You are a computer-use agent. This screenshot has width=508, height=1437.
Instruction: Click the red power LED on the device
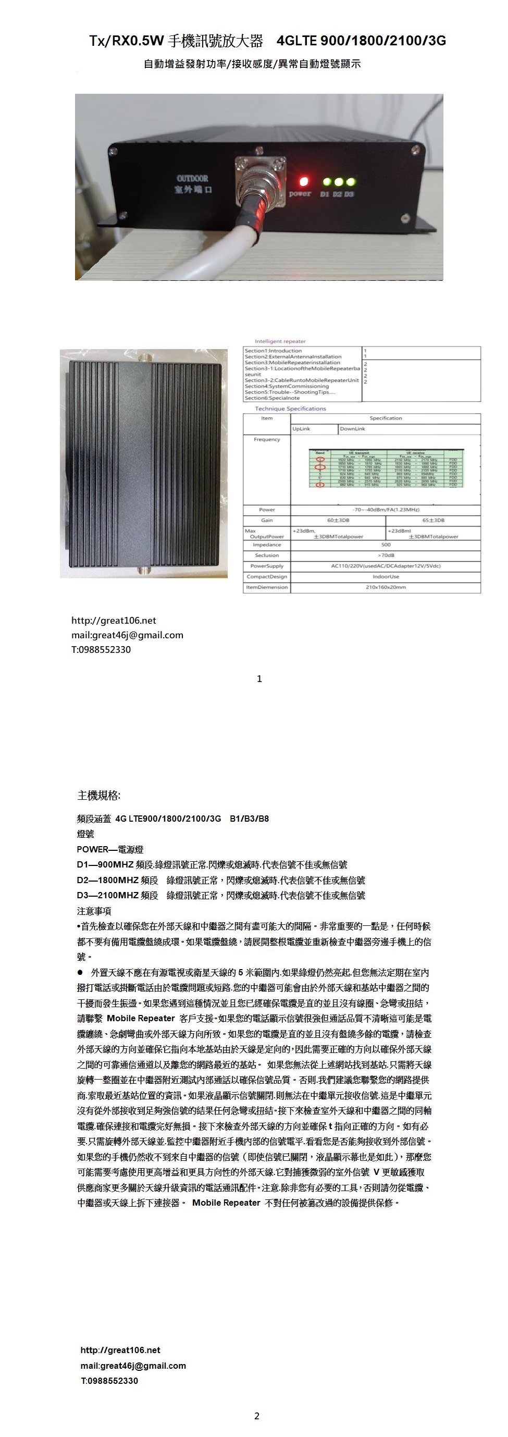coord(304,181)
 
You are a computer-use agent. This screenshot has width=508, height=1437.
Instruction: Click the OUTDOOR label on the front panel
coord(192,179)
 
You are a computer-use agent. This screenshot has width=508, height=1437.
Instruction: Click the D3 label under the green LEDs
coord(349,194)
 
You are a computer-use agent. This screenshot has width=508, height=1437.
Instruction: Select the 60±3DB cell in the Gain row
coord(338,520)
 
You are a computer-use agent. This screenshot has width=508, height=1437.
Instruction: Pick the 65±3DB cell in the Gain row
coord(433,520)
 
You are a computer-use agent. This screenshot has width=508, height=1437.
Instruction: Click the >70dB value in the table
coord(386,555)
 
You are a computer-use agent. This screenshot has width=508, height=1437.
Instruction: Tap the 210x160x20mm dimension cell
coord(386,587)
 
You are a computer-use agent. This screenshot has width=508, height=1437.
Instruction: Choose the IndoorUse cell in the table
coord(386,576)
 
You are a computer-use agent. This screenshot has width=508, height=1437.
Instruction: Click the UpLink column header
coord(302,428)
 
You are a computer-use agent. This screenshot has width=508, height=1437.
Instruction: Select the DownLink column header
coord(352,428)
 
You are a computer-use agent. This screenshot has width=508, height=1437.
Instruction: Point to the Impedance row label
coord(267,544)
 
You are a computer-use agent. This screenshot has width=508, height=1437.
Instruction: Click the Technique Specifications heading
coord(291,409)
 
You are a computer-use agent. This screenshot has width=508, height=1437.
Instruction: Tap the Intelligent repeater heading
coord(280,341)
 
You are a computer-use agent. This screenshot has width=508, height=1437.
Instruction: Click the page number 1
coord(259,679)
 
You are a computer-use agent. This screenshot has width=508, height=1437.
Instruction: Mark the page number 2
coord(256,1415)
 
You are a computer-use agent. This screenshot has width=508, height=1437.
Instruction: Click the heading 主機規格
coord(98,795)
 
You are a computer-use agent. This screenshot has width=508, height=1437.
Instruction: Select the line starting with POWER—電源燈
coord(110,849)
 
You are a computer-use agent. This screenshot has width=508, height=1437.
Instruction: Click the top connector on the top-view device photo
coord(145,355)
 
